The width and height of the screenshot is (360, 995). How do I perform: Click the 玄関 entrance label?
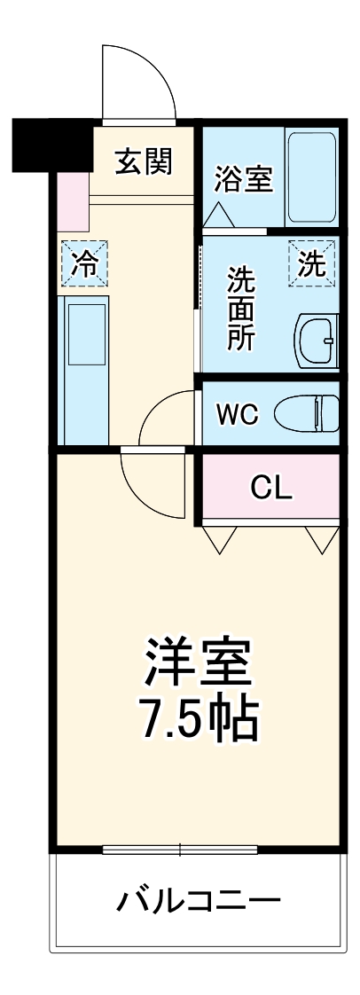pyautogui.click(x=143, y=161)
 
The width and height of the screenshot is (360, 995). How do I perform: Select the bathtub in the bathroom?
pyautogui.click(x=310, y=177)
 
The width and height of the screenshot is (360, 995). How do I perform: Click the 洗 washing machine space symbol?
pyautogui.click(x=311, y=263)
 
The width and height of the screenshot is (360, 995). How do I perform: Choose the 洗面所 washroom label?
pyautogui.click(x=240, y=309)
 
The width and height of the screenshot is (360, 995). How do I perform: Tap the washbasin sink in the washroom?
pyautogui.click(x=316, y=340)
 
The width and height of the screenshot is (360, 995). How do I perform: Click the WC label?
pyautogui.click(x=237, y=414)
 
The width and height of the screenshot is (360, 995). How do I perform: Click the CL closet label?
pyautogui.click(x=271, y=486)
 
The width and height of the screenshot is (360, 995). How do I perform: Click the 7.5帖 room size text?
pyautogui.click(x=200, y=720)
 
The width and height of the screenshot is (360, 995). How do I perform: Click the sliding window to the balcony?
pyautogui.click(x=181, y=850)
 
